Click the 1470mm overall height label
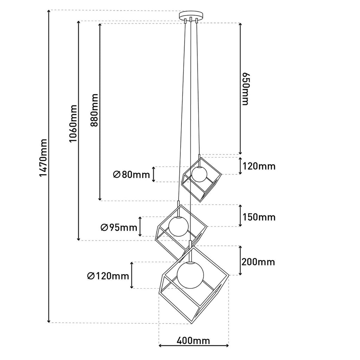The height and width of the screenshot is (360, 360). pyautogui.click(x=43, y=158)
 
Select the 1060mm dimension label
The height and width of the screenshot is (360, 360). pyautogui.click(x=73, y=123)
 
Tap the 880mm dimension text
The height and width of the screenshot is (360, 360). pyautogui.click(x=94, y=110)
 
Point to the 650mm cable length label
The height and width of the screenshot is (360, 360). pyautogui.click(x=245, y=89)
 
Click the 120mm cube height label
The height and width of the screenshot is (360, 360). pyautogui.click(x=259, y=166)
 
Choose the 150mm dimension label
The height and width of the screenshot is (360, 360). pyautogui.click(x=259, y=217)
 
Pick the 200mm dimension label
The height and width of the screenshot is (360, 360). pyautogui.click(x=258, y=262)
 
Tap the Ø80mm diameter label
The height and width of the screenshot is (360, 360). pyautogui.click(x=131, y=175)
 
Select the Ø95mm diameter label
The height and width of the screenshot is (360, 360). pyautogui.click(x=119, y=227)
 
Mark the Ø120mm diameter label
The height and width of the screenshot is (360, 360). pyautogui.click(x=108, y=276)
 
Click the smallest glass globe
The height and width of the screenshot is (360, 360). pyautogui.click(x=200, y=174)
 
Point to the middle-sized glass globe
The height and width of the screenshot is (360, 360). pyautogui.click(x=178, y=226)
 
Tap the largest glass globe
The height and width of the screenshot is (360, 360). pyautogui.click(x=190, y=275)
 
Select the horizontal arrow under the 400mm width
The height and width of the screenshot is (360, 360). pyautogui.click(x=194, y=345)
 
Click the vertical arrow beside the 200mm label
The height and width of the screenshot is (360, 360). pyautogui.click(x=240, y=261)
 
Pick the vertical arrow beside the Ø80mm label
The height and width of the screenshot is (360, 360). pyautogui.click(x=154, y=174)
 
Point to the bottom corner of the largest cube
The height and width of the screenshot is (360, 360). pyautogui.click(x=192, y=324)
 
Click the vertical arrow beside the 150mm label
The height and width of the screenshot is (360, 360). pyautogui.click(x=240, y=216)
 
